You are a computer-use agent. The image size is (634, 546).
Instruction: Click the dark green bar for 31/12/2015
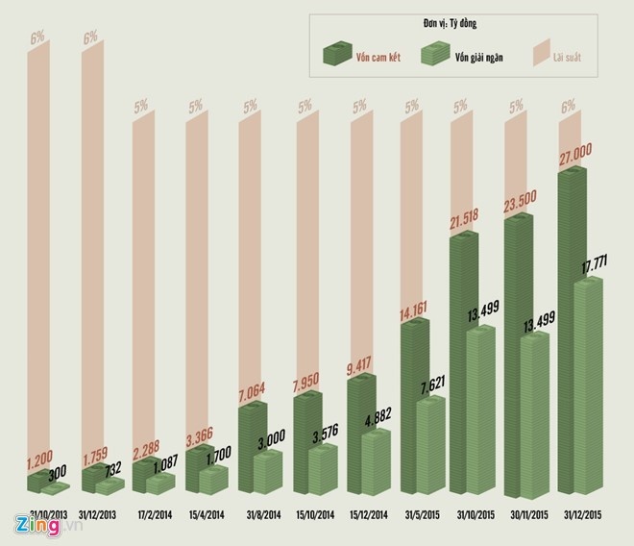572,336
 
